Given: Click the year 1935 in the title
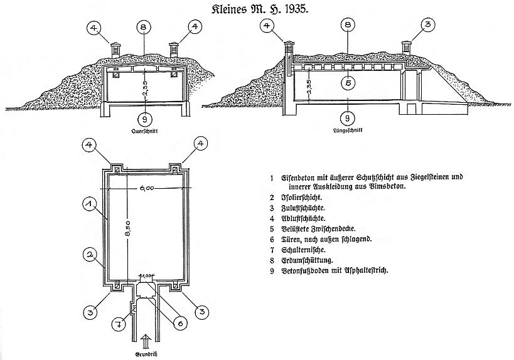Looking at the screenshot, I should coord(289,11).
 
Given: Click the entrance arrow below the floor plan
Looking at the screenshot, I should coord(144,341).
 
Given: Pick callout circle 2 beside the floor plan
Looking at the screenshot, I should coord(90,255).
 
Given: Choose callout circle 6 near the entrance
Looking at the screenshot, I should coord(179,323).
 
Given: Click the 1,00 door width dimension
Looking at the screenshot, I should coord(146,275).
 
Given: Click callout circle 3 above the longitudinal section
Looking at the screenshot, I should coord(427,26).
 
